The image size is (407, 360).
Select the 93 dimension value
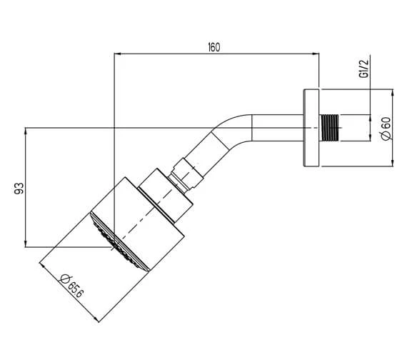19,188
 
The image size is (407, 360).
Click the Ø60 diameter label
385,129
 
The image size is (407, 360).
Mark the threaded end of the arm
333,128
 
